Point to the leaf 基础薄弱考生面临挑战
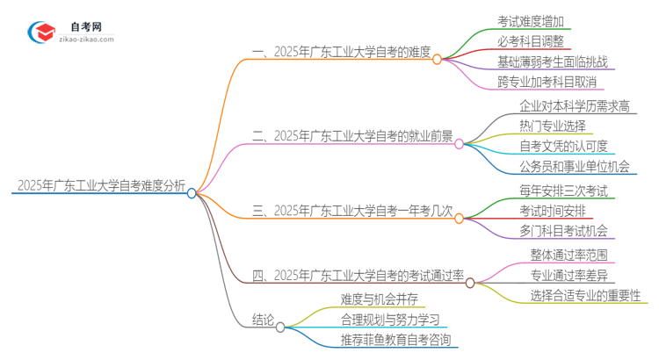tap(552, 62)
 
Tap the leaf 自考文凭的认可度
tap(563, 146)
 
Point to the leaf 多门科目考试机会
tap(562, 231)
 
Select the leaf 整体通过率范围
tap(568, 255)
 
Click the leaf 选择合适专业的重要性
tap(585, 295)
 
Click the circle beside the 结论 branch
tap(280, 327)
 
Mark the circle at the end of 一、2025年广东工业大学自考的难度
tap(437, 58)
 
